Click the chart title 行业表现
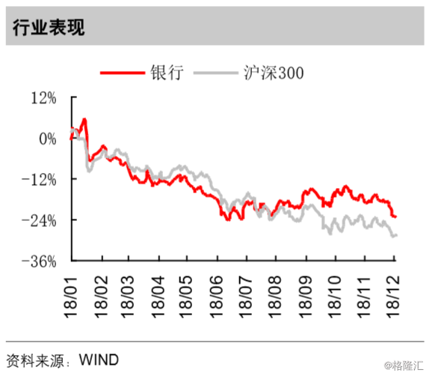(49, 27)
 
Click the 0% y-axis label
(48, 139)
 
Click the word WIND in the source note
(98, 360)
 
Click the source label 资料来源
(34, 360)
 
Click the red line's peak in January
(84, 119)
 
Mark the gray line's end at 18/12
(395, 236)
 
